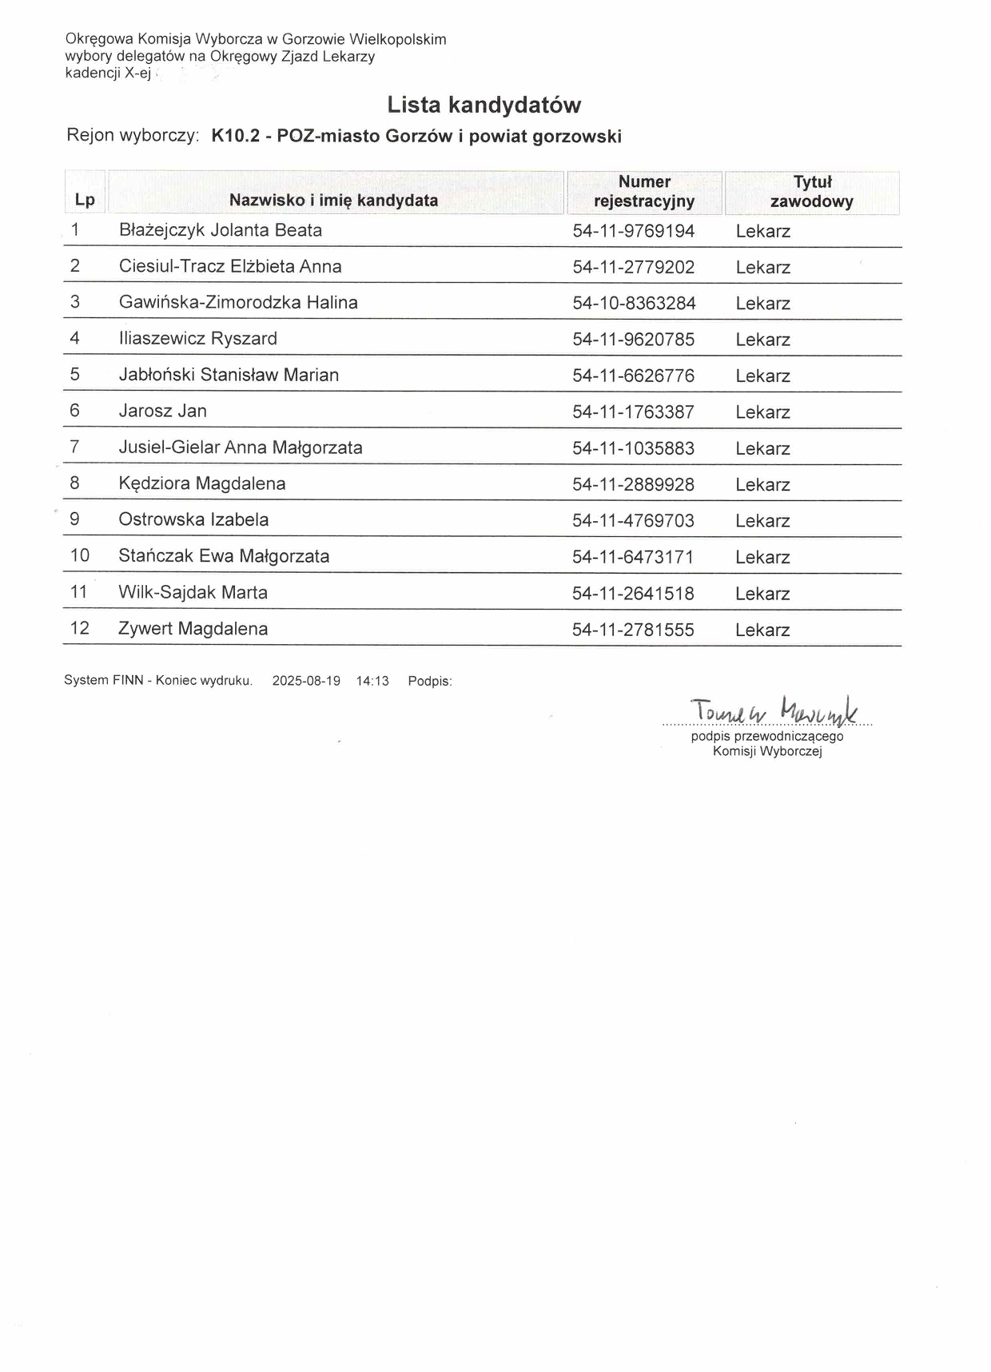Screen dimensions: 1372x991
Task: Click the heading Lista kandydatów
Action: tap(484, 105)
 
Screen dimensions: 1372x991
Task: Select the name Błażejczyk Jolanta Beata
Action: tap(221, 230)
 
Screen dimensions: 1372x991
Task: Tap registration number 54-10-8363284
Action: tap(634, 304)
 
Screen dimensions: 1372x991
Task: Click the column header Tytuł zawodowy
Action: tap(811, 192)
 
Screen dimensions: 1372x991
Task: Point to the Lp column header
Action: tap(85, 200)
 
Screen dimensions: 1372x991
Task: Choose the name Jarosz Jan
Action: tap(163, 411)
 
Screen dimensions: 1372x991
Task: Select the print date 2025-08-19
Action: tap(306, 681)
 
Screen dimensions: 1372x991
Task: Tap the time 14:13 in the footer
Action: tap(372, 681)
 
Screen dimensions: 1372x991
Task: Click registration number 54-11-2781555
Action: tap(633, 630)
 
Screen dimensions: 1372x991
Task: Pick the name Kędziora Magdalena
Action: tap(202, 483)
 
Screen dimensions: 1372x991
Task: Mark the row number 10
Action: tap(80, 555)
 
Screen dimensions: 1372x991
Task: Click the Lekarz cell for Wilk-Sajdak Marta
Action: tap(762, 594)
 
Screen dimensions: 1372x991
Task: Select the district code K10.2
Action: tap(236, 137)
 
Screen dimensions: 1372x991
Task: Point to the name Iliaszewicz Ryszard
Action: tap(198, 339)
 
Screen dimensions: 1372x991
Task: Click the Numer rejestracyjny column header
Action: tap(644, 192)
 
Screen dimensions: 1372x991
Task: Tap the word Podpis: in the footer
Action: tap(430, 681)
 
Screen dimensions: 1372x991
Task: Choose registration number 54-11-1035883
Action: tap(633, 448)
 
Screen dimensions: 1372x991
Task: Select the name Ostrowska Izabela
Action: tap(193, 519)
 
